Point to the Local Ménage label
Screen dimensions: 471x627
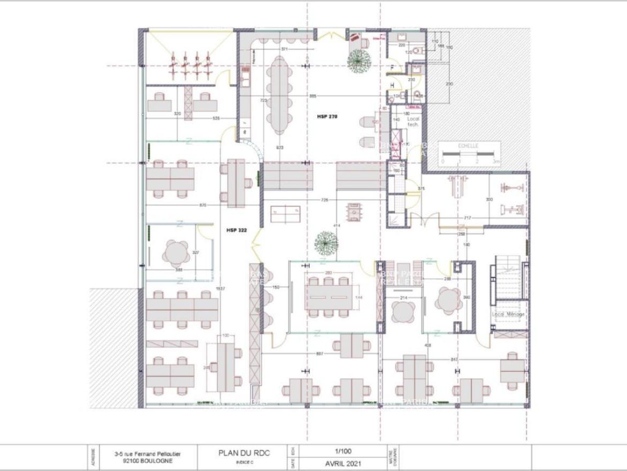(x=508, y=314)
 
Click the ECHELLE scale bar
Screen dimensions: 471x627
(x=469, y=156)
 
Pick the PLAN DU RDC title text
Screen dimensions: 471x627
(x=244, y=453)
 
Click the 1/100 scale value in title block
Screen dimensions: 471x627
(x=343, y=451)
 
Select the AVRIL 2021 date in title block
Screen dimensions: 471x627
(x=343, y=463)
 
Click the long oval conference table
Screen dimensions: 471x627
(x=278, y=95)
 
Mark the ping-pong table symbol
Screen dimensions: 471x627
(x=285, y=214)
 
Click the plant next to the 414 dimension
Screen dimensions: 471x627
(x=326, y=243)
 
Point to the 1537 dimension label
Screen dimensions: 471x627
(x=220, y=288)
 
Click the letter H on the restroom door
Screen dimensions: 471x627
(x=393, y=85)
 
